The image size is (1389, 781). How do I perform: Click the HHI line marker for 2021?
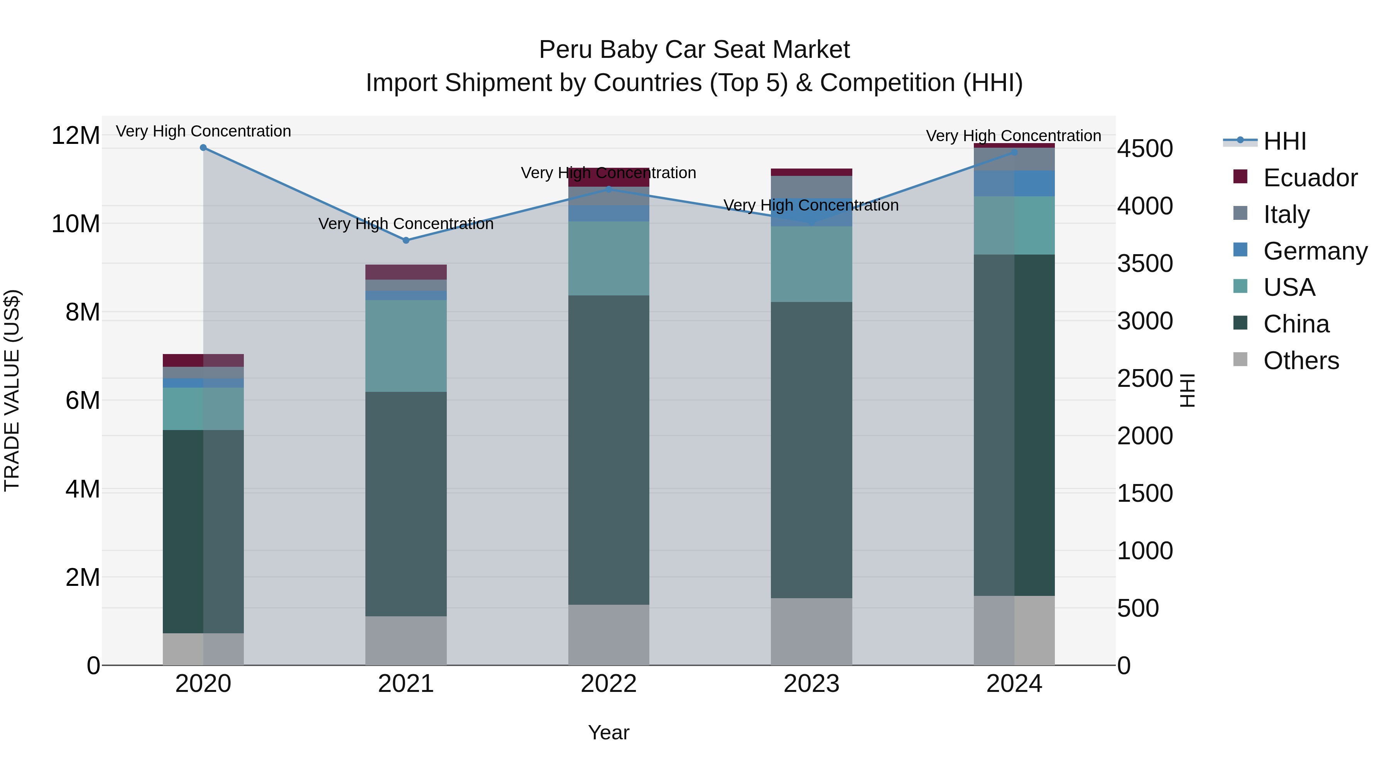pos(406,240)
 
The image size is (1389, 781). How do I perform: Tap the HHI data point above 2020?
pos(203,148)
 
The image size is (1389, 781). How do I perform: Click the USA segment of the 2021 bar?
pos(406,346)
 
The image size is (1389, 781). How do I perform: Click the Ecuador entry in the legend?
pos(1310,178)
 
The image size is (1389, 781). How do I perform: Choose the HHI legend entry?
pos(1284,141)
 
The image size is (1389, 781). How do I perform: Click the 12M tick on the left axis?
pos(76,135)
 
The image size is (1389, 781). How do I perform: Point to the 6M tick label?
pos(83,400)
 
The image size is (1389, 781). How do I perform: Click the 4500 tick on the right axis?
pos(1145,149)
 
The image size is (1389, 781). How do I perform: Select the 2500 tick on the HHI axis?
pos(1145,378)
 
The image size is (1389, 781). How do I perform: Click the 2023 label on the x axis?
pos(811,684)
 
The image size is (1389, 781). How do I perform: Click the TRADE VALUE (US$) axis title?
pos(12,390)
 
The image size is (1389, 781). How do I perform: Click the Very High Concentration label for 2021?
pos(406,224)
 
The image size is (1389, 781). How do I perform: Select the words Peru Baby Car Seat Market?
pos(694,50)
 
